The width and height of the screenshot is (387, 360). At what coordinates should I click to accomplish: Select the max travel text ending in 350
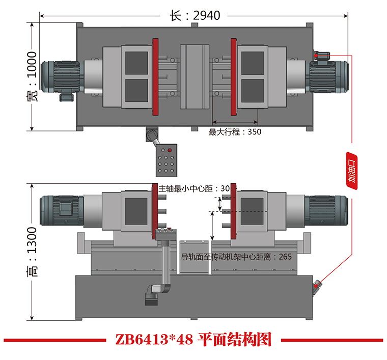coord(235,132)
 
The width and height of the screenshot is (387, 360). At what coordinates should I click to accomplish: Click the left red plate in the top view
coord(155,76)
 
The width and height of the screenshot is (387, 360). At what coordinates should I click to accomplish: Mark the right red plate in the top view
coord(234,76)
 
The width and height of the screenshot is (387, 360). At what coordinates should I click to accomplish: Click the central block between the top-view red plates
coord(195,76)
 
